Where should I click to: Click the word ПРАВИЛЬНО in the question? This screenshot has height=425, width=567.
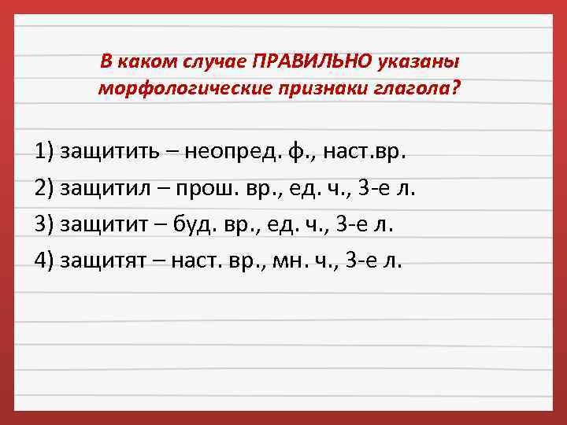tap(304, 61)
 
